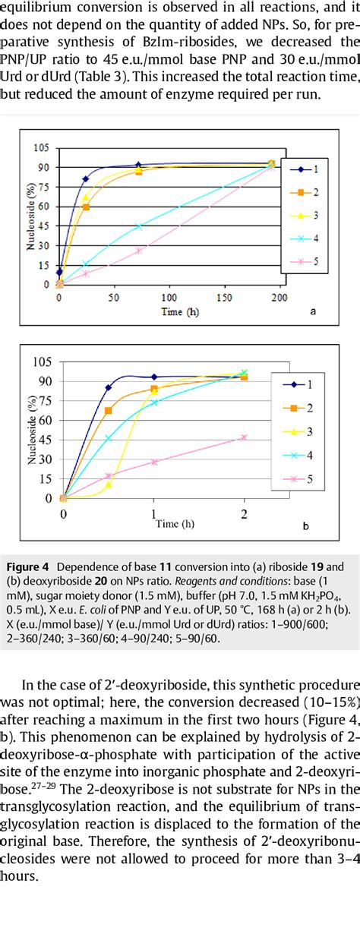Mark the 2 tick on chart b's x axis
click(243, 513)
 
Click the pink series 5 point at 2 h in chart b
click(244, 437)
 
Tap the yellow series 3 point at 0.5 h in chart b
click(108, 484)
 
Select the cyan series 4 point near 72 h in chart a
click(138, 226)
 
